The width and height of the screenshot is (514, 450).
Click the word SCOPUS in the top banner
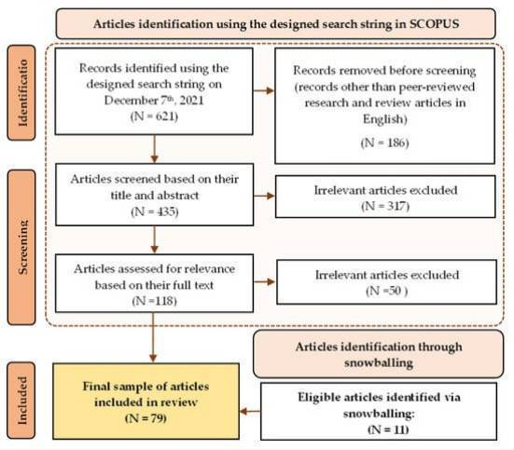click(x=434, y=24)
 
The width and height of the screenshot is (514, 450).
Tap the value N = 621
click(x=154, y=116)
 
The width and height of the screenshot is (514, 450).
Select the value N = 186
click(x=385, y=143)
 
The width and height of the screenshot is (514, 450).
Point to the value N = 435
click(x=155, y=211)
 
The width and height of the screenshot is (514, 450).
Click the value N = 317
click(x=385, y=206)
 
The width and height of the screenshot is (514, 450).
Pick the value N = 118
click(x=155, y=301)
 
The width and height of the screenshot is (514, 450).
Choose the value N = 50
click(x=387, y=291)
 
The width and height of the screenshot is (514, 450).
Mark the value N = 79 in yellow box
click(x=146, y=418)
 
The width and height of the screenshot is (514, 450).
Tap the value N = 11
click(x=388, y=430)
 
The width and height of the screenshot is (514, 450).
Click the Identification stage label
click(x=21, y=92)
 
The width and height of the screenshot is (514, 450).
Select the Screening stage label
click(x=21, y=247)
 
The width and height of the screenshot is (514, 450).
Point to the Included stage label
click(x=21, y=401)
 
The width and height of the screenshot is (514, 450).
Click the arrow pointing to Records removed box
click(x=264, y=90)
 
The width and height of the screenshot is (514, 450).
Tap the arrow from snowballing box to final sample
click(x=250, y=411)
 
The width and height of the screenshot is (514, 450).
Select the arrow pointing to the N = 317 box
click(x=264, y=196)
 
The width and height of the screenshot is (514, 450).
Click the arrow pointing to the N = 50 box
click(x=265, y=281)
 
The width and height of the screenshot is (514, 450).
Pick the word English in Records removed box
click(x=385, y=119)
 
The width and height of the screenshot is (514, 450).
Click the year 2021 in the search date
click(x=191, y=101)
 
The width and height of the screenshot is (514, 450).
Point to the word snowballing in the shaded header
click(x=379, y=363)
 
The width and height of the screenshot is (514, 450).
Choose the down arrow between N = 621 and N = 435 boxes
click(x=155, y=149)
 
